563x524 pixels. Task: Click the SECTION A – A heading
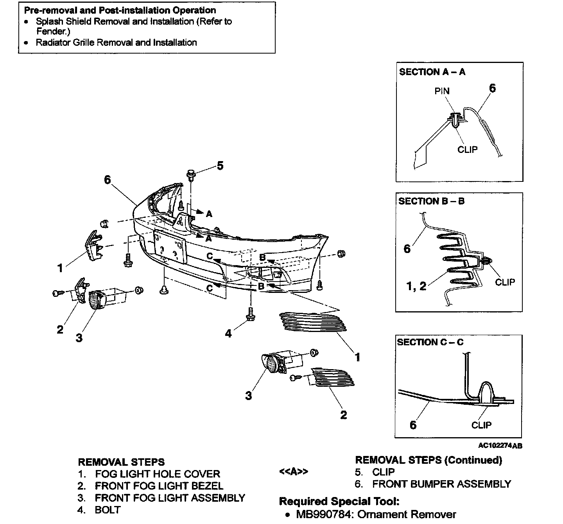pos(432,72)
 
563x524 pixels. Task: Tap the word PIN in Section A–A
pos(442,91)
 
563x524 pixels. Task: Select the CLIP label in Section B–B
pos(505,282)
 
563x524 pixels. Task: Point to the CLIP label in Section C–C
pos(481,425)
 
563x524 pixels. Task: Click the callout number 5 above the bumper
pos(220,166)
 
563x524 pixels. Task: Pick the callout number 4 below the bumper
pos(228,333)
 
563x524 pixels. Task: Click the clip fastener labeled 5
pos(191,175)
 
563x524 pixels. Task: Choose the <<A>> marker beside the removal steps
pos(294,472)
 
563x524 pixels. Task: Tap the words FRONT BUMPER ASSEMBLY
pos(441,484)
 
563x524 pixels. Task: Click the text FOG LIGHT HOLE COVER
pos(158,474)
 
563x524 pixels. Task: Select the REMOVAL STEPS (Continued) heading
pos(428,460)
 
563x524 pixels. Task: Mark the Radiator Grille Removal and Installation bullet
pos(116,42)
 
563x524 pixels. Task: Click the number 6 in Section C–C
pos(413,425)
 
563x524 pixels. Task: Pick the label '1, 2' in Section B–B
pos(416,286)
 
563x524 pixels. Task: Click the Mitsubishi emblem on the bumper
pos(180,221)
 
